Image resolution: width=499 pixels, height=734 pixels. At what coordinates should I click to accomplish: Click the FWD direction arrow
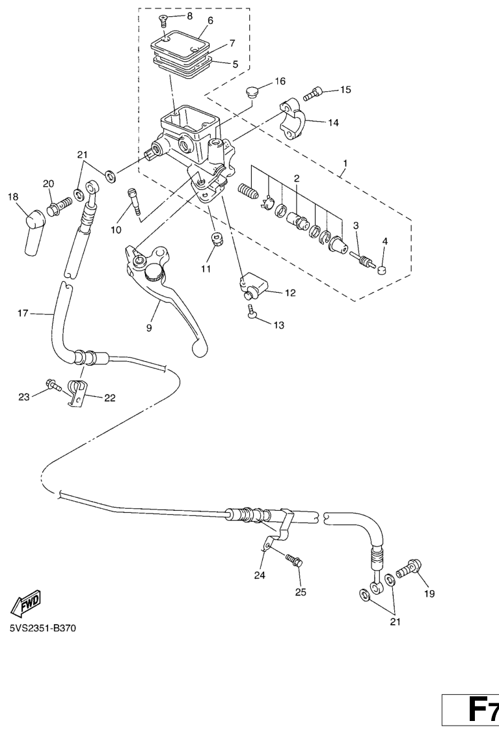(26, 602)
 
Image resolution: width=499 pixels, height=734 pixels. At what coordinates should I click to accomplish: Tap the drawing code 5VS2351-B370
(42, 628)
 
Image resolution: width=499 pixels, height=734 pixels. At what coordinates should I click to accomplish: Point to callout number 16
(280, 81)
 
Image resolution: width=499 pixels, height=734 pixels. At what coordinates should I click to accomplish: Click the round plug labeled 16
(253, 92)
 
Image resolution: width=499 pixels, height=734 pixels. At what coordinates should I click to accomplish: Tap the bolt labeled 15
(313, 94)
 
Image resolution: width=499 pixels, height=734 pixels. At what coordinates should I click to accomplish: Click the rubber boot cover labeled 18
(34, 232)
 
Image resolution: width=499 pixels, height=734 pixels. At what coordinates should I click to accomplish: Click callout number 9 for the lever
(149, 328)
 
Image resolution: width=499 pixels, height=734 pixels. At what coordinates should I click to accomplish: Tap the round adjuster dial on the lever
(153, 271)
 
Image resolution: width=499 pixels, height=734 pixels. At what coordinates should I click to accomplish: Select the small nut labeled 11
(217, 241)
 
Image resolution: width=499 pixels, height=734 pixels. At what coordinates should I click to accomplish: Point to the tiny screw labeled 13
(251, 312)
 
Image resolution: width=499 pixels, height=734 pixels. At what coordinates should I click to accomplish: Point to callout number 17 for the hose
(23, 313)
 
